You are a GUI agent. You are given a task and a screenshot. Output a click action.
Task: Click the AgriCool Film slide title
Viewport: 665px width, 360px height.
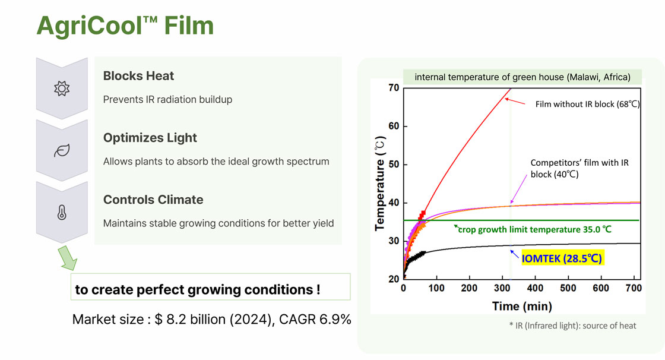point(125,26)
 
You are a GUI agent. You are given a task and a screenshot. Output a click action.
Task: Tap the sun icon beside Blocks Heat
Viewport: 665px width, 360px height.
point(61,89)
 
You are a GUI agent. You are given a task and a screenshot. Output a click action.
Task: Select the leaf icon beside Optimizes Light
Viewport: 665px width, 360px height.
point(61,151)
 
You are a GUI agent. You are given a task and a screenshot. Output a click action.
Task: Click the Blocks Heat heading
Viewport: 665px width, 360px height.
point(138,76)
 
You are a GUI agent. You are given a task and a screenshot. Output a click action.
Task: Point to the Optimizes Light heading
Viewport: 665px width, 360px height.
point(150,138)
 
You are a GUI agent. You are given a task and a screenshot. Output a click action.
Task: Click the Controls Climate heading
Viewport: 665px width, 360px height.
point(153,200)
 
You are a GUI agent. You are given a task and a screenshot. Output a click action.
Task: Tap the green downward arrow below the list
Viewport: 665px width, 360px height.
point(69,260)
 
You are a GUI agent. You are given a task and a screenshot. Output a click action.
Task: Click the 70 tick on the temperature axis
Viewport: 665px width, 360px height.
point(392,88)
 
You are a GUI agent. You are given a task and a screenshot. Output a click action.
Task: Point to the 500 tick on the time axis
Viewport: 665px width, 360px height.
point(568,288)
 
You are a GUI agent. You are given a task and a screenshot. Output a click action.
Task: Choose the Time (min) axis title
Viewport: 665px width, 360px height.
point(521,306)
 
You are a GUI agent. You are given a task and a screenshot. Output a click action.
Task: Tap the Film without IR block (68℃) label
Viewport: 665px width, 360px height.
point(587,105)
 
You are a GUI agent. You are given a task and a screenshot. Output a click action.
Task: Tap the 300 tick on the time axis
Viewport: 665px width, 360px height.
point(502,288)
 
